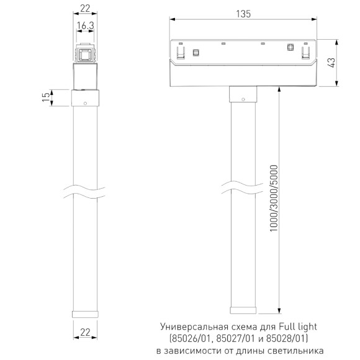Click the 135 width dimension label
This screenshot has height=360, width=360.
243,15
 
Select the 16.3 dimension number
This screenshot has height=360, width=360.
85,26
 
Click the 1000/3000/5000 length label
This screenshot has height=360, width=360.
274,199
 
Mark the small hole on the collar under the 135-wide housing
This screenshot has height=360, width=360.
243,97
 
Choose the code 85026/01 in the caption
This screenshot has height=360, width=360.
192,338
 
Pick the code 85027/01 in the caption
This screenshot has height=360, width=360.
236,338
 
